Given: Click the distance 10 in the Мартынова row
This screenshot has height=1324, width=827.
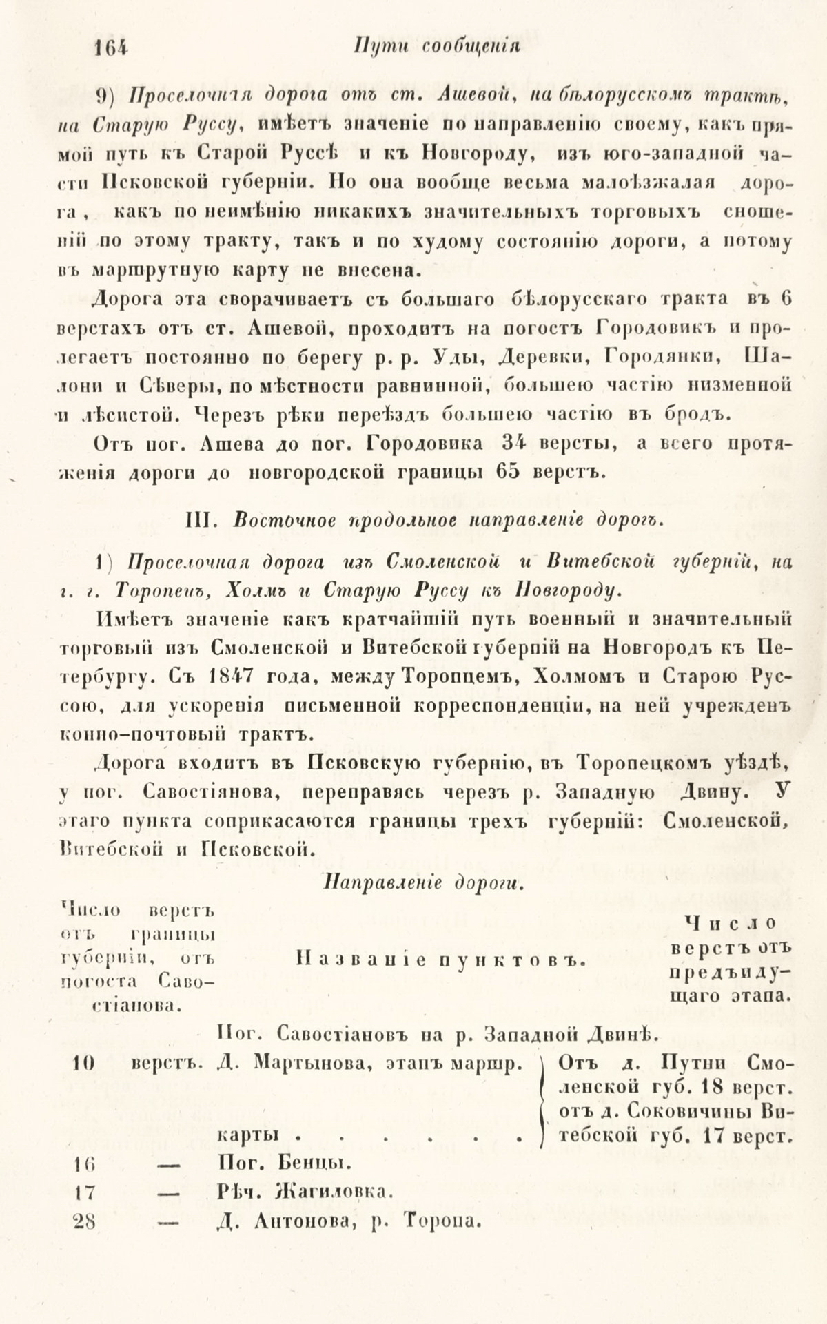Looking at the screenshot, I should [x=84, y=1064].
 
